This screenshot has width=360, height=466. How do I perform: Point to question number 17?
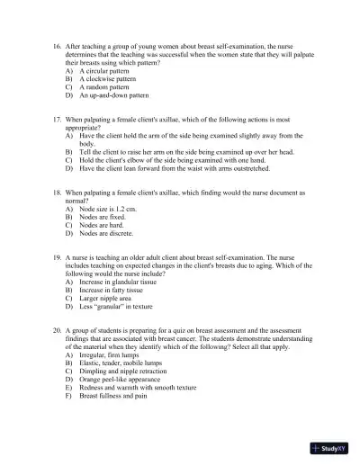[58, 119]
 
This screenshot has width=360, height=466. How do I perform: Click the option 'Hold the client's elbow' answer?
[176, 160]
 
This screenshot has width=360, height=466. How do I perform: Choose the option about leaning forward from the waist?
[180, 168]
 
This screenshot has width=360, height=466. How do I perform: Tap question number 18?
[58, 193]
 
